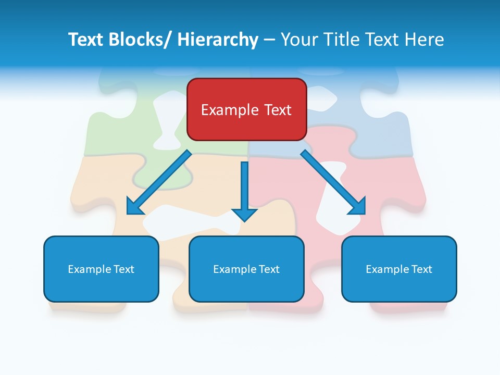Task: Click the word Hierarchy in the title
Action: [218, 40]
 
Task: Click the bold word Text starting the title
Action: [86, 40]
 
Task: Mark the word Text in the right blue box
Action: [421, 269]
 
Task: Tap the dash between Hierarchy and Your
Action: [269, 40]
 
